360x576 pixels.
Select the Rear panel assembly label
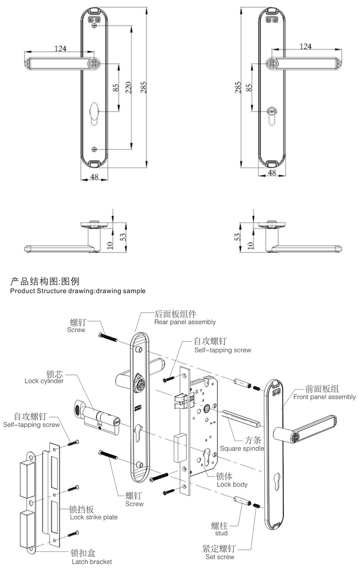click(x=184, y=322)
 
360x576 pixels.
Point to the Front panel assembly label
click(x=324, y=397)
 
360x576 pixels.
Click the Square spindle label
click(x=242, y=448)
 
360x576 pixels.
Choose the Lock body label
click(x=232, y=485)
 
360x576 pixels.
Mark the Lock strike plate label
click(x=94, y=517)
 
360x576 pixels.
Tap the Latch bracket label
click(x=91, y=562)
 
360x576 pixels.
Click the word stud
click(x=221, y=533)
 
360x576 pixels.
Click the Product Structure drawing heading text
click(x=77, y=291)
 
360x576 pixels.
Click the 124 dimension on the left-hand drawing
click(x=62, y=48)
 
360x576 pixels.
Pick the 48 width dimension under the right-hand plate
click(x=272, y=172)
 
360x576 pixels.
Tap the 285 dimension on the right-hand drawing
click(x=238, y=87)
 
